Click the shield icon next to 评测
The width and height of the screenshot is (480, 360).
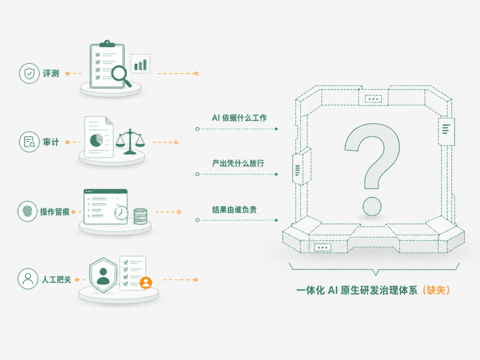click(x=29, y=73)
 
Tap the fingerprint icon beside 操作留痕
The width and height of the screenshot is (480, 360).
click(x=28, y=211)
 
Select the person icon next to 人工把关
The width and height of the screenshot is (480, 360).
click(x=28, y=279)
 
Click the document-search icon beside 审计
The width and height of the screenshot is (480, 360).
click(x=29, y=142)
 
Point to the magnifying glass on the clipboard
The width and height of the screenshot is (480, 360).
click(x=121, y=76)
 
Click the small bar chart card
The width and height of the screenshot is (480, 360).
click(x=140, y=64)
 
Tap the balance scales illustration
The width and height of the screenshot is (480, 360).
click(x=130, y=141)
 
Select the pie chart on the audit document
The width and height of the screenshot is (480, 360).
click(x=96, y=140)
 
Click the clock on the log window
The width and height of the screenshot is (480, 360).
click(x=121, y=212)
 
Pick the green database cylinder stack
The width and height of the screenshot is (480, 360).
click(x=140, y=216)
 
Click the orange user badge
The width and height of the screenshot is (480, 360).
click(x=146, y=283)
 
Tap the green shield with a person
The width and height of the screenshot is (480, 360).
click(x=103, y=275)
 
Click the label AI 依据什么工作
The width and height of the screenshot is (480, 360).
click(x=239, y=118)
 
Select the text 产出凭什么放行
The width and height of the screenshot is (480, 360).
click(x=238, y=163)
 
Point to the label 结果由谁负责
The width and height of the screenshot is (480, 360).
click(x=234, y=210)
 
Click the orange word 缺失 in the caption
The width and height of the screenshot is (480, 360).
click(x=436, y=290)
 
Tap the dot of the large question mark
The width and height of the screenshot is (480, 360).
click(x=372, y=206)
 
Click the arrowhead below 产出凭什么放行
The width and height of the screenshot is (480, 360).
click(x=276, y=174)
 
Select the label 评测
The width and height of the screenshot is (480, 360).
click(x=51, y=73)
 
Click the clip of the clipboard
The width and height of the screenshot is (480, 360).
click(x=107, y=44)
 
